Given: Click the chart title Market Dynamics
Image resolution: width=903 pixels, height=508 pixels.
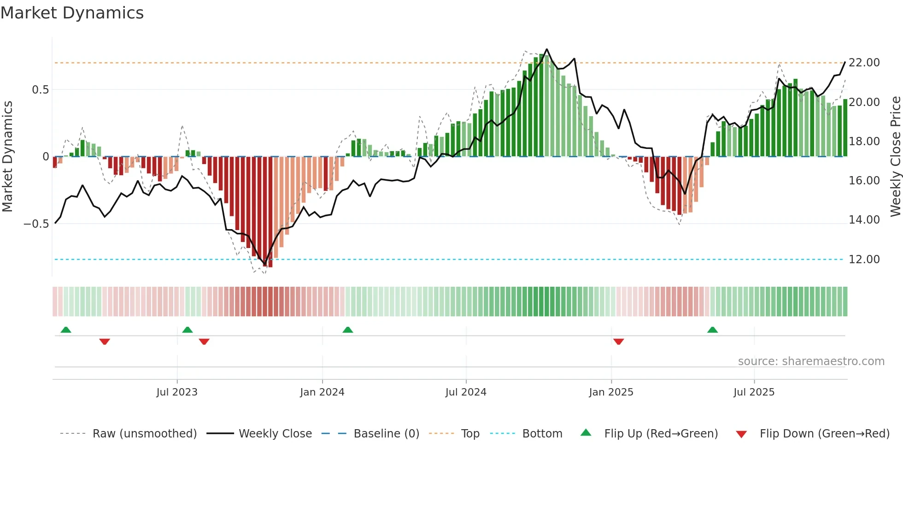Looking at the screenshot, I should tap(72, 13).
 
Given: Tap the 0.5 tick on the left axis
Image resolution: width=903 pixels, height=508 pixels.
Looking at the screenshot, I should tap(40, 90).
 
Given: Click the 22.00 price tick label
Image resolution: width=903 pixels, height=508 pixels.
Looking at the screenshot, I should tap(864, 63).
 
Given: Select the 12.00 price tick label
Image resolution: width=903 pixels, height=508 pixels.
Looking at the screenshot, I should tap(864, 260).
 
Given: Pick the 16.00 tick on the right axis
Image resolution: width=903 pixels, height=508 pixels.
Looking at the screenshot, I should tap(864, 181).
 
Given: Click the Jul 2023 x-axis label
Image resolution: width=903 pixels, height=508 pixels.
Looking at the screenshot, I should tap(177, 392).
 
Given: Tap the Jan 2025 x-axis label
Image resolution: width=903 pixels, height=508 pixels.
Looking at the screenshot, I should tap(611, 392).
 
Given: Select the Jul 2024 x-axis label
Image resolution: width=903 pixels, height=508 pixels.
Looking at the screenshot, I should tap(466, 392).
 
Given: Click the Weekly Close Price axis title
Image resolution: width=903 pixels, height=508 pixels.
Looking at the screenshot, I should tap(895, 156).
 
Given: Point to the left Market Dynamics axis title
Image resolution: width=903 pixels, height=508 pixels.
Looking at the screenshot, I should tap(7, 156).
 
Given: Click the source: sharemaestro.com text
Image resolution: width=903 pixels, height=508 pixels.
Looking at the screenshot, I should tap(811, 361).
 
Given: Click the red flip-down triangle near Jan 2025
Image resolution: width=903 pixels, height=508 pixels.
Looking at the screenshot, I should tap(618, 342).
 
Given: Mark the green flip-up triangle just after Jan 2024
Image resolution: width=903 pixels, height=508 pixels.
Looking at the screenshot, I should tap(348, 330).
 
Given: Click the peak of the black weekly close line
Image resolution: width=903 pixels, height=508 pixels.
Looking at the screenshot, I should tap(547, 49).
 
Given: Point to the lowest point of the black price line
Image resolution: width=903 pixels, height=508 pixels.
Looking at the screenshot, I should tap(265, 265).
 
